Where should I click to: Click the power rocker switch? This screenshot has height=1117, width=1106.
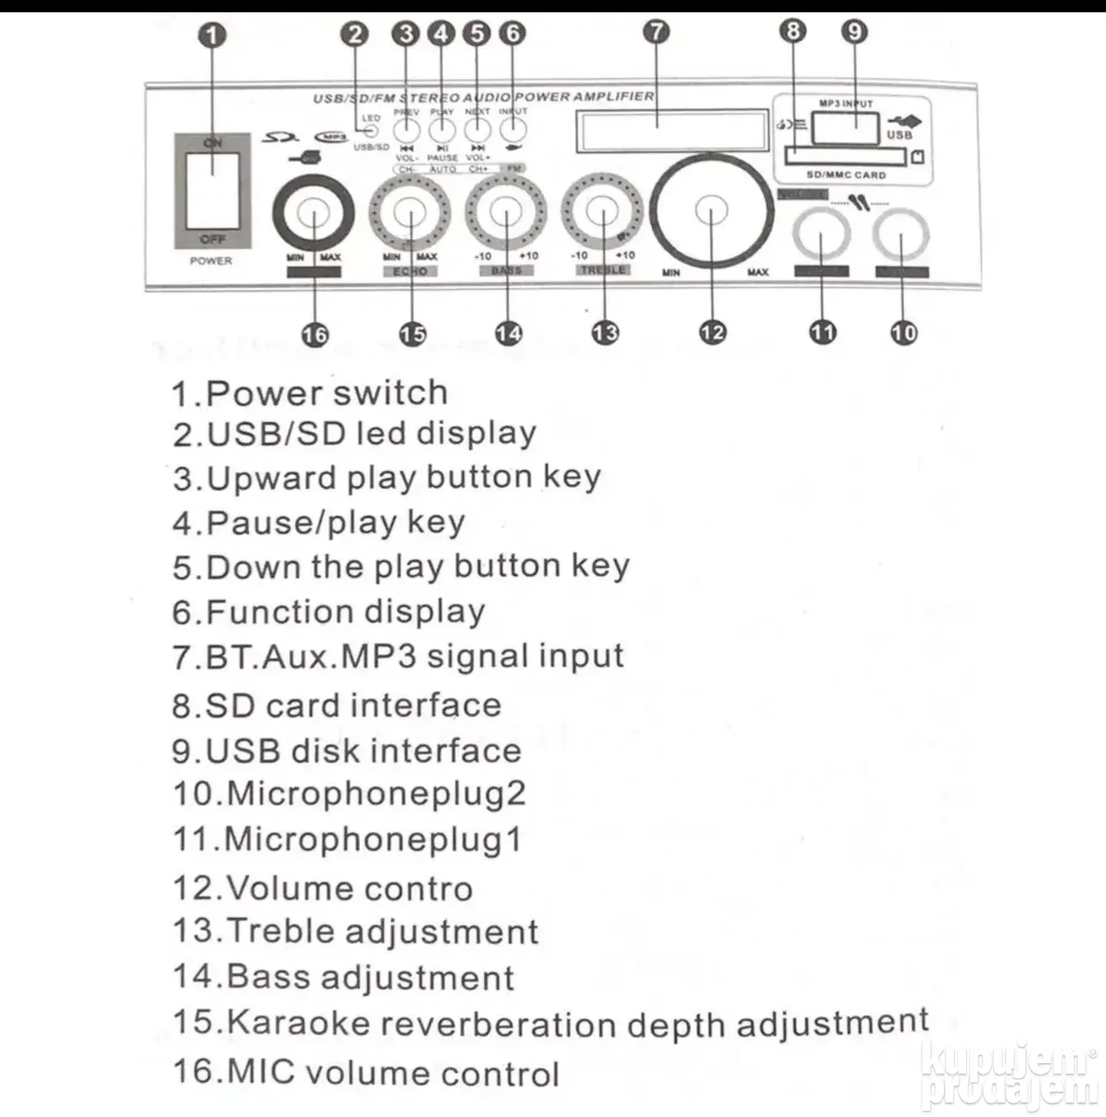[211, 190]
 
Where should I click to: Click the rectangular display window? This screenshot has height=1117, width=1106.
[673, 129]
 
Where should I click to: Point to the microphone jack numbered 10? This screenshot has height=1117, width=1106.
[902, 233]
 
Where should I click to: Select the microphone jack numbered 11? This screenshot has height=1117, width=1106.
[822, 233]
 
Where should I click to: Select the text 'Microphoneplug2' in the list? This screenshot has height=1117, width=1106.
[376, 793]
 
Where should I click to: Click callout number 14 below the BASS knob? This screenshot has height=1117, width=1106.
[507, 334]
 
